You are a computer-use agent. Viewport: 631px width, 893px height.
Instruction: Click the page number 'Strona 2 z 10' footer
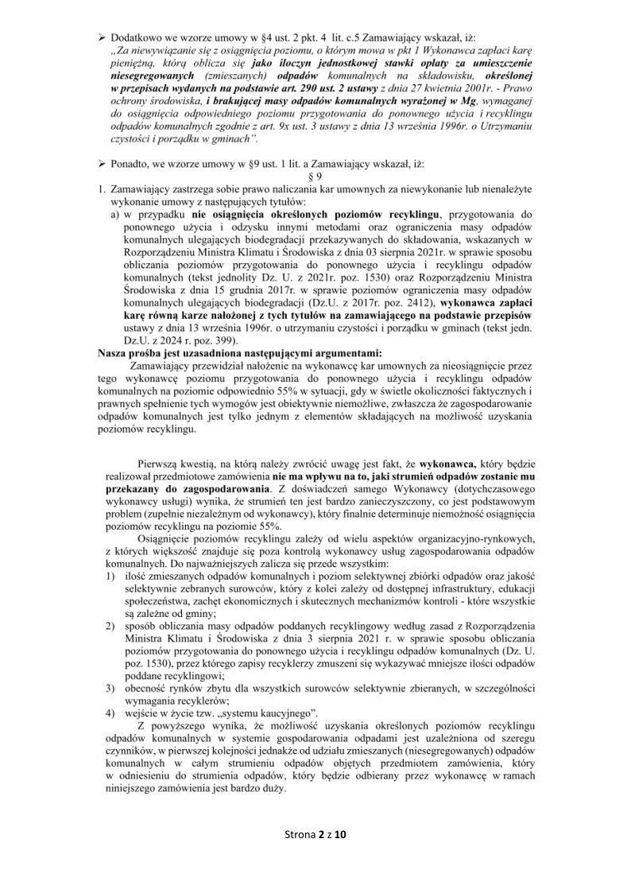(x=315, y=834)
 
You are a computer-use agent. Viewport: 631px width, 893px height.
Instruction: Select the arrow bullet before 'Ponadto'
(x=101, y=164)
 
